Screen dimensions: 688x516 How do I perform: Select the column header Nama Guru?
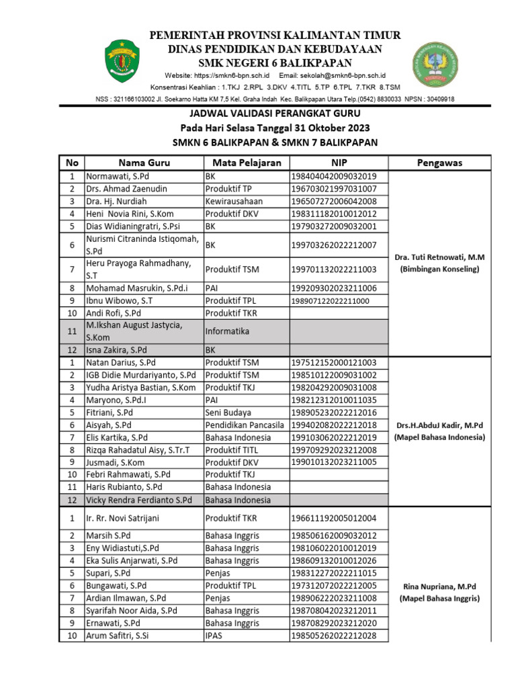pyautogui.click(x=144, y=163)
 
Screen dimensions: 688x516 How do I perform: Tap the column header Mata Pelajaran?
pyautogui.click(x=247, y=163)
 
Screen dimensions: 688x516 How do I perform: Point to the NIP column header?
pyautogui.click(x=339, y=163)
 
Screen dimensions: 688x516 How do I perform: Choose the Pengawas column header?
pyautogui.click(x=439, y=163)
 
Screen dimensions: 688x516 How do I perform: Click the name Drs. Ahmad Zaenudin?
pyautogui.click(x=126, y=189)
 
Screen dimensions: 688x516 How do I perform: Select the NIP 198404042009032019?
pyautogui.click(x=333, y=176)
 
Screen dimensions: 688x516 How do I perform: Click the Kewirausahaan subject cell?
pyautogui.click(x=234, y=201)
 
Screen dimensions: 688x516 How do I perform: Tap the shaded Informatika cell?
pyautogui.click(x=227, y=331)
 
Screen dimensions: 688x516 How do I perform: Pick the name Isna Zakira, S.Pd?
pyautogui.click(x=116, y=350)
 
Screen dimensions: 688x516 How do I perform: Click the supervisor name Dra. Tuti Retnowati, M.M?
pyautogui.click(x=439, y=257)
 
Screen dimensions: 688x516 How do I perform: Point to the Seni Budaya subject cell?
pyautogui.click(x=228, y=413)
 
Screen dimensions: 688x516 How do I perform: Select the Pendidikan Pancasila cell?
pyautogui.click(x=246, y=425)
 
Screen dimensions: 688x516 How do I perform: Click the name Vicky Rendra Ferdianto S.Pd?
pyautogui.click(x=139, y=500)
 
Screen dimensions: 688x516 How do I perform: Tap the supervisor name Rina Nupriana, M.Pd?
pyautogui.click(x=439, y=585)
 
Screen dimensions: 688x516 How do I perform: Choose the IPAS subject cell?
pyautogui.click(x=214, y=636)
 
